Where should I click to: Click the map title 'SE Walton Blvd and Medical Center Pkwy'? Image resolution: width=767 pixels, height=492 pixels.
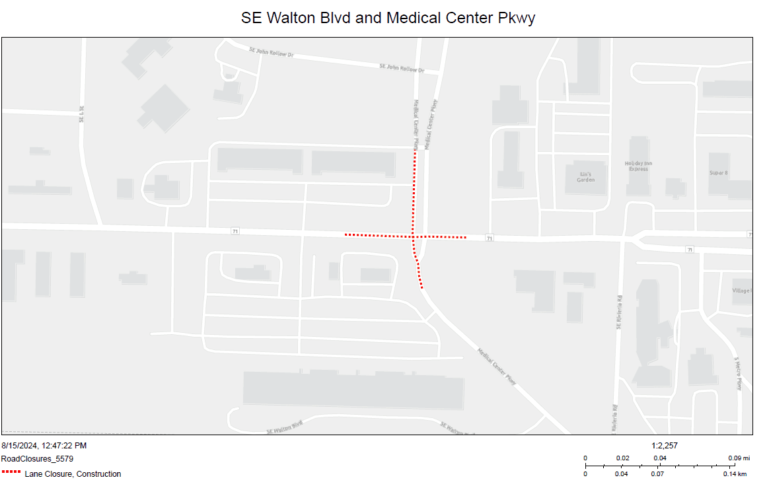[x=388, y=18]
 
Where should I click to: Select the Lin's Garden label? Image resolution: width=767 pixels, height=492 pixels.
[x=585, y=176]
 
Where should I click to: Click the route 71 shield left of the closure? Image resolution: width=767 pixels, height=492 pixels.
[x=235, y=230]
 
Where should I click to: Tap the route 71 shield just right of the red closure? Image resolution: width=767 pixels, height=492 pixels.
[x=489, y=238]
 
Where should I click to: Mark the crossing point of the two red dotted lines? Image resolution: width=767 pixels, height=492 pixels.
[x=414, y=236]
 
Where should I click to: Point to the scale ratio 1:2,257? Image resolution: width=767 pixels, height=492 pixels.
[x=665, y=446]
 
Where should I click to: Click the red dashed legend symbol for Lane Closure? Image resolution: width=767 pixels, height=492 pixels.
[x=11, y=473]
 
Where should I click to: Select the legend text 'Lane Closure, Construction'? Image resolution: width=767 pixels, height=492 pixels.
[x=73, y=474]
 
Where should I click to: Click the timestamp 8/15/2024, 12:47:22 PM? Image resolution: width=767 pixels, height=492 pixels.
[x=44, y=446]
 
